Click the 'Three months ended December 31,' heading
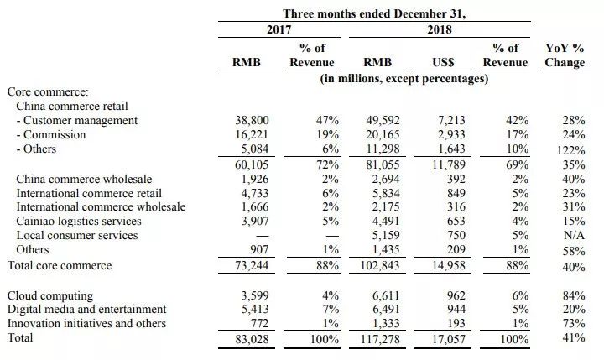coord(373,13)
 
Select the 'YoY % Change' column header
coord(565,56)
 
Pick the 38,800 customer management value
coord(251,121)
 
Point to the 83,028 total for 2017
coord(251,339)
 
